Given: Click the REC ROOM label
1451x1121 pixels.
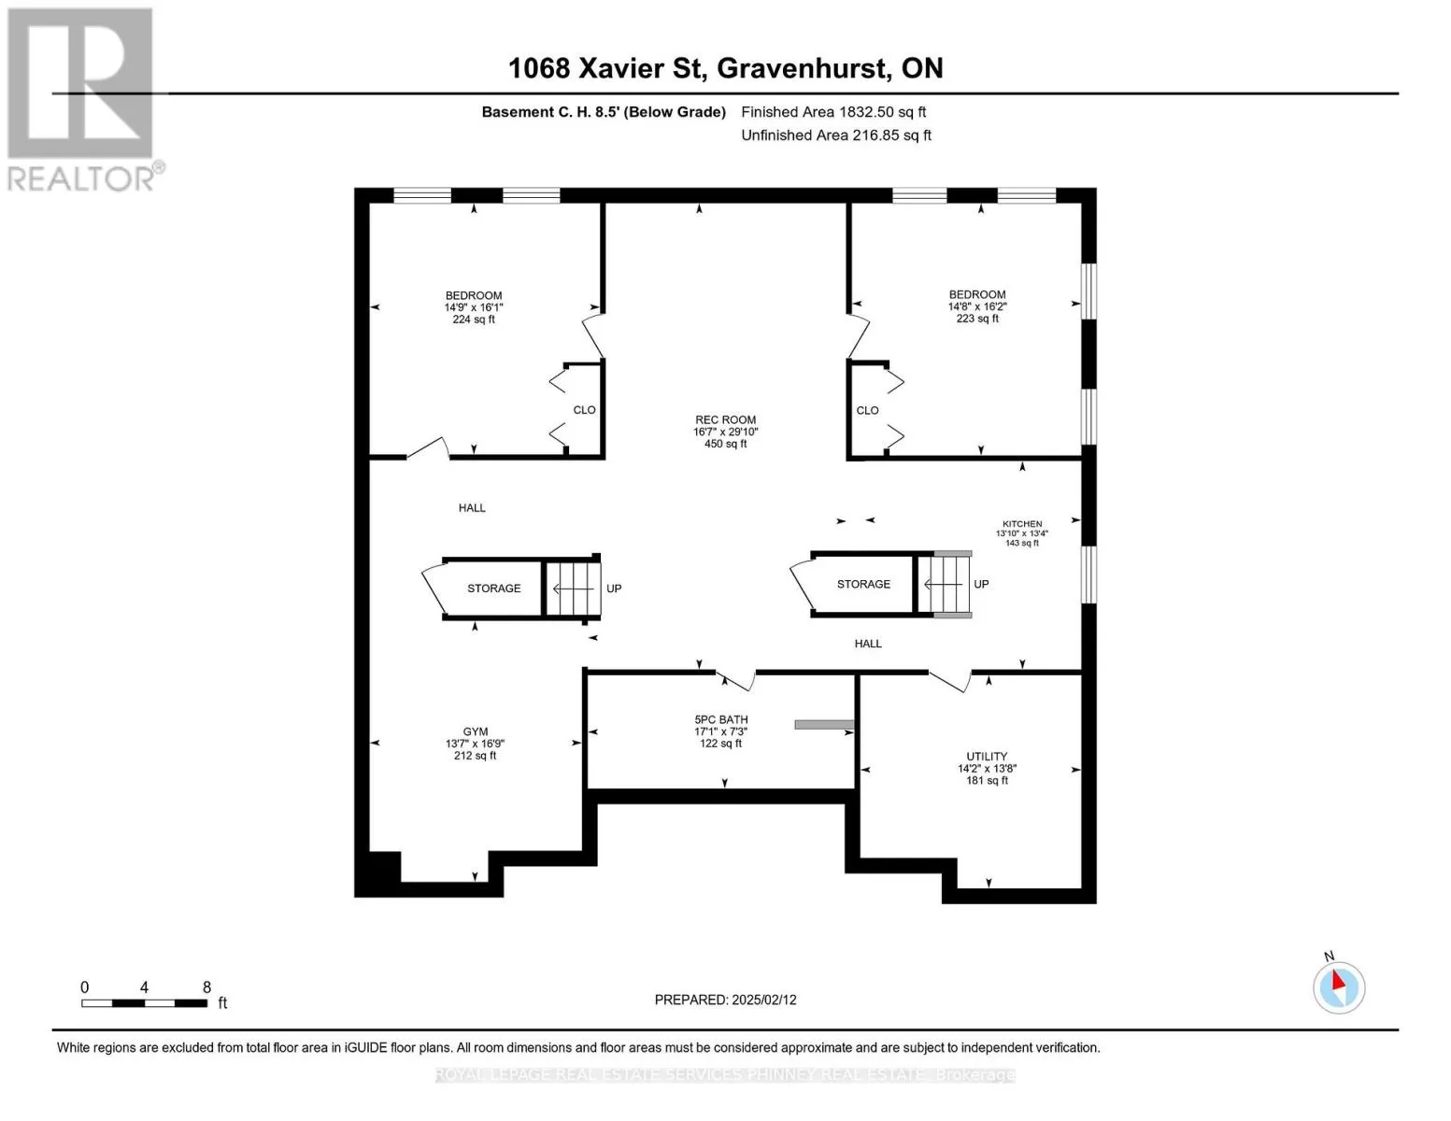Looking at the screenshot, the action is click(725, 420).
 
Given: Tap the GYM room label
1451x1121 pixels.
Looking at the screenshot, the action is click(476, 731).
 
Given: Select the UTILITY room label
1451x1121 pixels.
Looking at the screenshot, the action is click(987, 757).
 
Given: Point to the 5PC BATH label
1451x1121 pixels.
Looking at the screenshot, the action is click(721, 719).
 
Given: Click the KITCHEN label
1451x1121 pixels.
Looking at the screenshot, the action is click(1021, 524).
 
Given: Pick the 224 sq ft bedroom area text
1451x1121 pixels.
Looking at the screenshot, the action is click(474, 319).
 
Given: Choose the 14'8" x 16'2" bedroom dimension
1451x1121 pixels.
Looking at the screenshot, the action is click(977, 306).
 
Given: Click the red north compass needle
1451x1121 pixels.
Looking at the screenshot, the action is click(1338, 980).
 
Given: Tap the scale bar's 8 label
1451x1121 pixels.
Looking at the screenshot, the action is click(207, 987).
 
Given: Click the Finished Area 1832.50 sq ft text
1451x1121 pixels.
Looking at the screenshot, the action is click(833, 112).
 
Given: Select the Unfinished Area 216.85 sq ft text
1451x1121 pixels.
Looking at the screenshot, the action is click(836, 135).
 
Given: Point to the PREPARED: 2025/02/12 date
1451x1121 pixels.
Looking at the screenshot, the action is click(725, 1000).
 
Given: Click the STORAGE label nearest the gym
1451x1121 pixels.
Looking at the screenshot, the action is click(493, 589).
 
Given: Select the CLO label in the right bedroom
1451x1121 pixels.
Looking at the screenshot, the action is click(867, 411).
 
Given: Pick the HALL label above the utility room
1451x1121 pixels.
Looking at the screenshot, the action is click(868, 644).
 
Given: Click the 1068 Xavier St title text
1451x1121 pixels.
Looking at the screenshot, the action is click(607, 68).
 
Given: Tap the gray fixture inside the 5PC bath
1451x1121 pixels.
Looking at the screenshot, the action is click(824, 724).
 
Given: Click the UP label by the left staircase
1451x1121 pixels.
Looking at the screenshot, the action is click(614, 589).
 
